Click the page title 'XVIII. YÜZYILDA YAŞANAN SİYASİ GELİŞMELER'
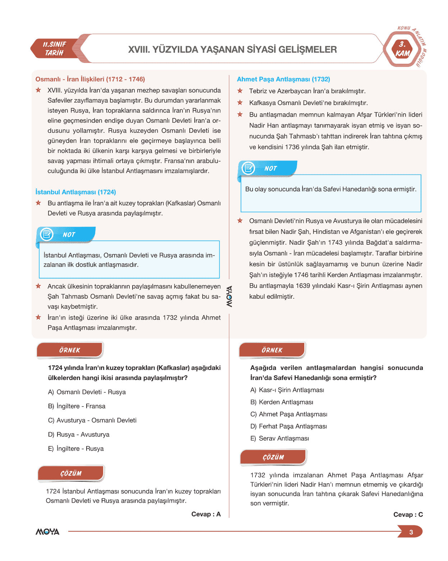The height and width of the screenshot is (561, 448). (x=232, y=49)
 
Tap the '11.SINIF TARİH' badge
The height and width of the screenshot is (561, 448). (x=55, y=49)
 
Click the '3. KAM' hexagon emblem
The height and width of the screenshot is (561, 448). (x=402, y=49)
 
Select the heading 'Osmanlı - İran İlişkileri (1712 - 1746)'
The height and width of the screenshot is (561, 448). (x=90, y=79)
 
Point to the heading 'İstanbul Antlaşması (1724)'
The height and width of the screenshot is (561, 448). (x=75, y=192)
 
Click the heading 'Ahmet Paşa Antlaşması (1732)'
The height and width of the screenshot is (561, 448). (x=283, y=79)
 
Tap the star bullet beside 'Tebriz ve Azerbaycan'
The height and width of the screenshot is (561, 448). (x=240, y=91)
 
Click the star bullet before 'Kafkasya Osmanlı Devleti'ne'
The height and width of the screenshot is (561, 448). (x=240, y=103)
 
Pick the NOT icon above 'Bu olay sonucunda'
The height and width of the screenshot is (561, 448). (x=248, y=168)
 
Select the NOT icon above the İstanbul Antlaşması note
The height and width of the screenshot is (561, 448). (x=47, y=234)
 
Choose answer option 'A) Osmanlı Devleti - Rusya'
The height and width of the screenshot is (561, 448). (x=87, y=392)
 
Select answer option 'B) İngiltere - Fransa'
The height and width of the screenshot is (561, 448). (x=77, y=406)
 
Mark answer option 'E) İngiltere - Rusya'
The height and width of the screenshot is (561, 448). (x=76, y=449)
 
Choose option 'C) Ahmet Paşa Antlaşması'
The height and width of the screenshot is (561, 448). (x=289, y=414)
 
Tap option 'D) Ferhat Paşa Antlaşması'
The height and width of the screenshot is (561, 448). (x=288, y=426)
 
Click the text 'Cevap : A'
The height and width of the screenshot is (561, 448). (x=206, y=514)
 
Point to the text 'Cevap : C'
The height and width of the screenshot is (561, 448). (x=408, y=515)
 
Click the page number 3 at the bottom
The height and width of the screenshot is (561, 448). (x=411, y=532)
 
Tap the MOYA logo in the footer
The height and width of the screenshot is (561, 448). (x=47, y=531)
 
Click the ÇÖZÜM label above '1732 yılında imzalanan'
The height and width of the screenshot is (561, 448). (x=273, y=457)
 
